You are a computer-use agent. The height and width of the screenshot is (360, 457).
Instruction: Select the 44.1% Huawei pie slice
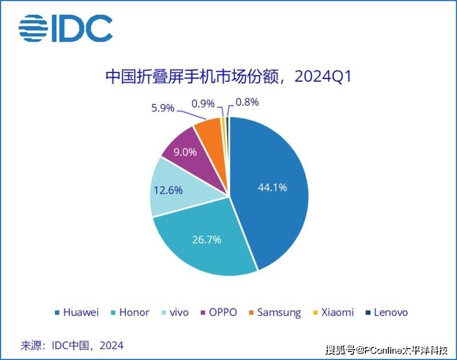pos(271,189)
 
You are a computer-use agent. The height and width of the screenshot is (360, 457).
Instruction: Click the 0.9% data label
pos(203,103)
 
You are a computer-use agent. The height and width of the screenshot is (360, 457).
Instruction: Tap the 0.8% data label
pos(247,103)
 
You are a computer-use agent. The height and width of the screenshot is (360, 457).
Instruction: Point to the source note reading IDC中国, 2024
pos(72,345)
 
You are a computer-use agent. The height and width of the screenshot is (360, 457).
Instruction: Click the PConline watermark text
pos(391,349)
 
